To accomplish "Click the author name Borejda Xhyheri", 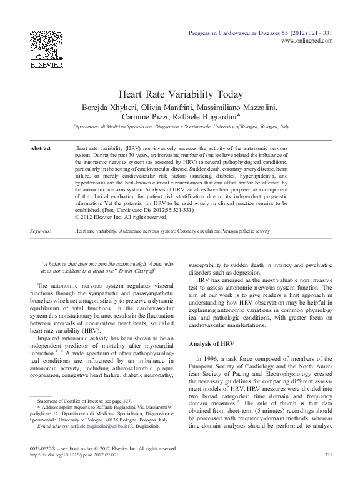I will pos(112,106).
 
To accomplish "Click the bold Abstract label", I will pos(41,148).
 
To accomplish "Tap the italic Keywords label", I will pos(41,231).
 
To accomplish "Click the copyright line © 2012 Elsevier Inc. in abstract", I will pos(121,217).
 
